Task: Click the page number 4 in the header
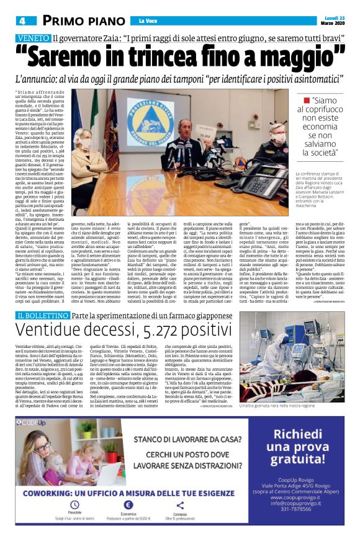pos(21,20)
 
